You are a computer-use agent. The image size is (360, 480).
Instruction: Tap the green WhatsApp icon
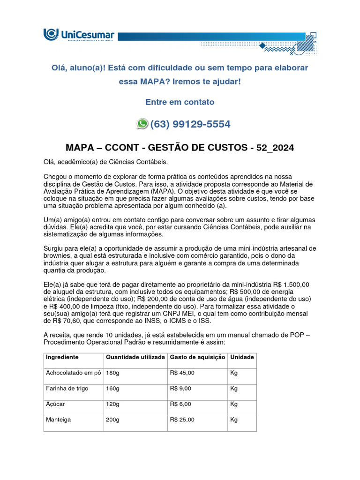[x=142, y=124]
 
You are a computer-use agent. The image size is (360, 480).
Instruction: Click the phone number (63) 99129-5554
[x=190, y=124]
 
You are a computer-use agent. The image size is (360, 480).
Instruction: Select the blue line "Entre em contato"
[x=180, y=102]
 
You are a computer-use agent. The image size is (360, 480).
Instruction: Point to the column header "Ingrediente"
[x=62, y=357]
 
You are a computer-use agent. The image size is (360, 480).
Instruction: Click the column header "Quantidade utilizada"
[x=135, y=357]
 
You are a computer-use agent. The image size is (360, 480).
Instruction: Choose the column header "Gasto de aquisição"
[x=197, y=357]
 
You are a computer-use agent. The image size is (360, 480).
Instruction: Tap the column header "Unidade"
[x=242, y=357]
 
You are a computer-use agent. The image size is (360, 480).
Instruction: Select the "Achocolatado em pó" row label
[x=73, y=373]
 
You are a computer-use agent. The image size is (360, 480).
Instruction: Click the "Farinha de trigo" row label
[x=67, y=389]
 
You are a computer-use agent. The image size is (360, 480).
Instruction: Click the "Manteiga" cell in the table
[x=58, y=420]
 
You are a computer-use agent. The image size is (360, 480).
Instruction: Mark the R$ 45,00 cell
[x=182, y=373]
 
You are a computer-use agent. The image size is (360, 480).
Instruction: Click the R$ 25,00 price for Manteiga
[x=182, y=420]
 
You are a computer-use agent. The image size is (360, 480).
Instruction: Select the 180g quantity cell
[x=112, y=373]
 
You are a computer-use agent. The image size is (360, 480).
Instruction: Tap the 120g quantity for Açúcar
[x=112, y=404]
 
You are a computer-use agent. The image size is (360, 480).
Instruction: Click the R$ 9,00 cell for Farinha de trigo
[x=180, y=389]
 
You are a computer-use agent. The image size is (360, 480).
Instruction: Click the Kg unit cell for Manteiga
[x=234, y=420]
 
